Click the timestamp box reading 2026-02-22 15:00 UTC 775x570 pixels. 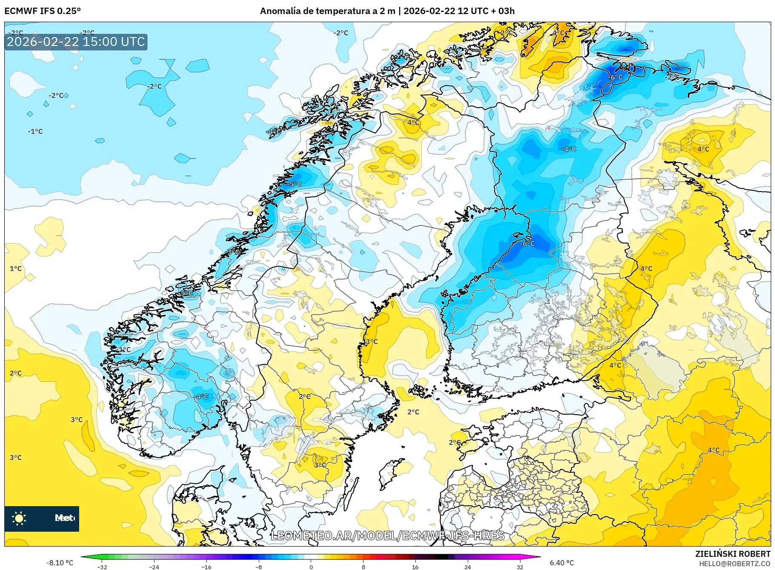tap(76, 42)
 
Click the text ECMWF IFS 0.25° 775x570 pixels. tap(43, 11)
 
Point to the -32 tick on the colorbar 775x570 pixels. tap(102, 567)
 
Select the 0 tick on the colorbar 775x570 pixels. tap(311, 567)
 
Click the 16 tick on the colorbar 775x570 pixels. tap(415, 567)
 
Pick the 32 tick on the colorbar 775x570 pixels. tap(520, 567)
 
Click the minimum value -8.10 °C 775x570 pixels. tap(60, 563)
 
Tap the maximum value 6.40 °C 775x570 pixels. tap(562, 563)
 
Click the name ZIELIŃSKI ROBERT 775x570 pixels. tap(732, 554)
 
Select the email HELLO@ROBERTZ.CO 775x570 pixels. tap(735, 564)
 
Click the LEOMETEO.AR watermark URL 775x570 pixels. tap(387, 536)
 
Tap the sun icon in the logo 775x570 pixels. tap(19, 518)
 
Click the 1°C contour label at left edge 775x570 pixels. tap(16, 269)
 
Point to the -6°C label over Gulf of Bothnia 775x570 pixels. tap(527, 243)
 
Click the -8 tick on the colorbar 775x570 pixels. tap(259, 567)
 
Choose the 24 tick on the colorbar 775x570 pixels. tap(467, 567)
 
